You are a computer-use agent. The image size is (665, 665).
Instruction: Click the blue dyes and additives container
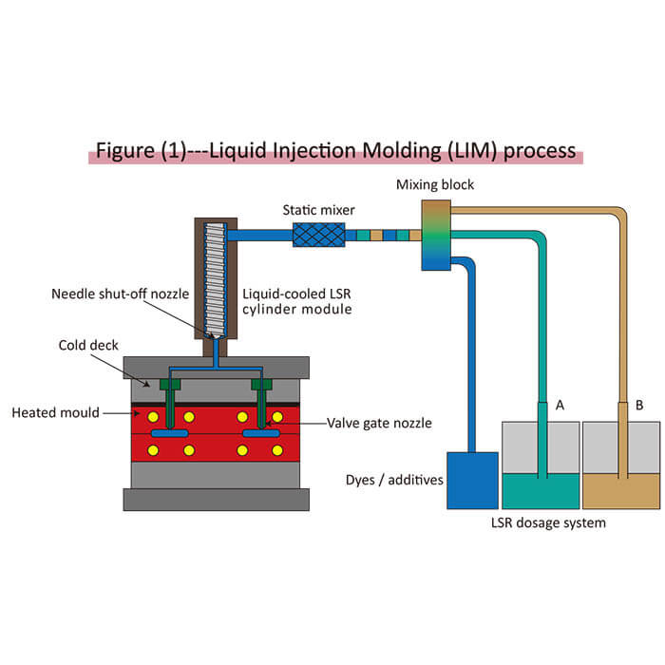[471, 480]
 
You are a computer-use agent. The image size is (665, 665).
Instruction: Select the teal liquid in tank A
[540, 490]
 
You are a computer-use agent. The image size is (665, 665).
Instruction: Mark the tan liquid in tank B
[620, 490]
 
